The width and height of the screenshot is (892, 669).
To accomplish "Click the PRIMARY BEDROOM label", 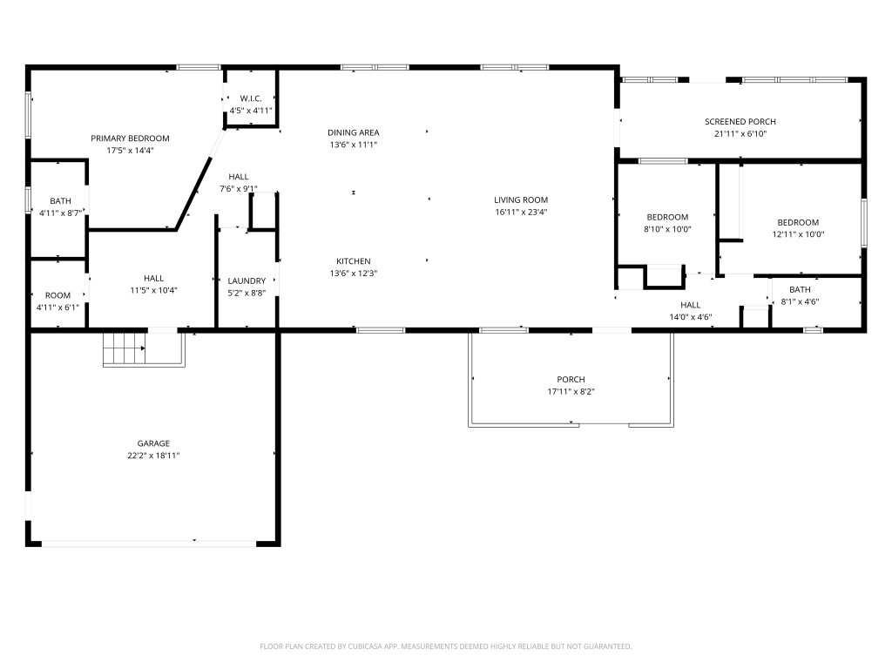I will pyautogui.click(x=131, y=139).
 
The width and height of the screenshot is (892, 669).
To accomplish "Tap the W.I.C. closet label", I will pyautogui.click(x=251, y=98).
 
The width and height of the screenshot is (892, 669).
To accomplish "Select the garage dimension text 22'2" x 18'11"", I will pyautogui.click(x=152, y=456).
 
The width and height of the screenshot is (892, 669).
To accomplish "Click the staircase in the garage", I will pyautogui.click(x=124, y=350).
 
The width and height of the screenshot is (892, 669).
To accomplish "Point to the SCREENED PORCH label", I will pyautogui.click(x=740, y=122).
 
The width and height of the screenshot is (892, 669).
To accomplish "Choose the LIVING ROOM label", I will pyautogui.click(x=521, y=199).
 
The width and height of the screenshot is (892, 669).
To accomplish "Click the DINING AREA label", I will pyautogui.click(x=353, y=132).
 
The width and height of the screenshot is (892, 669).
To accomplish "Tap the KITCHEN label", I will pyautogui.click(x=354, y=261).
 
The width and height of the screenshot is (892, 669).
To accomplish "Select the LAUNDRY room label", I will pyautogui.click(x=247, y=280).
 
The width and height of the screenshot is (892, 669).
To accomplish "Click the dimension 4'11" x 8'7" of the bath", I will pyautogui.click(x=60, y=213).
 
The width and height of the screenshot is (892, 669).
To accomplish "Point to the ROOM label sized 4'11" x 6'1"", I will pyautogui.click(x=57, y=295).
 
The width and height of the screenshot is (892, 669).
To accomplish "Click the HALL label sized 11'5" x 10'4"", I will pyautogui.click(x=153, y=279).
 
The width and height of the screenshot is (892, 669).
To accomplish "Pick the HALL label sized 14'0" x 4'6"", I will pyautogui.click(x=690, y=305).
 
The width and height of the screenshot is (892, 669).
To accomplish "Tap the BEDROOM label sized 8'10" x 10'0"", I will pyautogui.click(x=667, y=217).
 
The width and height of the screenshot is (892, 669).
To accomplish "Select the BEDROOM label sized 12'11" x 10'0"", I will pyautogui.click(x=798, y=222).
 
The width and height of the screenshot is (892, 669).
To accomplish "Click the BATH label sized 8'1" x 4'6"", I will pyautogui.click(x=799, y=290).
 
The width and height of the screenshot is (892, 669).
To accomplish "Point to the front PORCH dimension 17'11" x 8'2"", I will pyautogui.click(x=571, y=391).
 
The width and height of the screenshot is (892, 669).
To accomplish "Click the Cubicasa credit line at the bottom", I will pyautogui.click(x=445, y=646).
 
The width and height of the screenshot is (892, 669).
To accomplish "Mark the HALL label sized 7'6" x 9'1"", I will pyautogui.click(x=238, y=177).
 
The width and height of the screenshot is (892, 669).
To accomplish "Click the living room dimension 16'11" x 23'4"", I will pyautogui.click(x=521, y=212).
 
